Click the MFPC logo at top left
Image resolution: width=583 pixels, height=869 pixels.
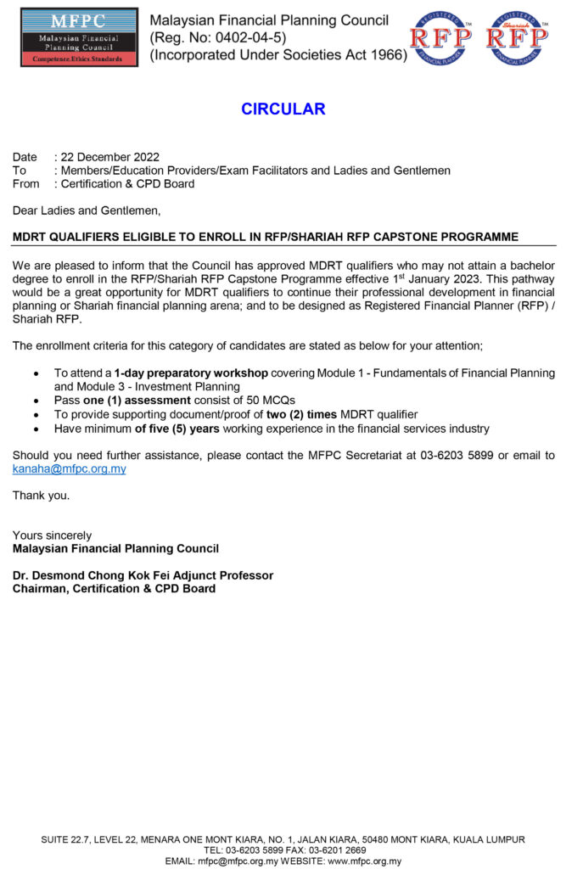(79, 37)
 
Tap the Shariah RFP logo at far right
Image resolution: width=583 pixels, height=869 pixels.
(517, 38)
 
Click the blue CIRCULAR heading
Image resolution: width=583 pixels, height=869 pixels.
(283, 109)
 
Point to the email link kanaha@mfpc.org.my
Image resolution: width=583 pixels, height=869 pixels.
(69, 468)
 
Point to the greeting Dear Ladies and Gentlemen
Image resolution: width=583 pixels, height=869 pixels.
(86, 210)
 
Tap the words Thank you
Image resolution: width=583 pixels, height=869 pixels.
(41, 496)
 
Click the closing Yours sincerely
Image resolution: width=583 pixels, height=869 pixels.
(52, 535)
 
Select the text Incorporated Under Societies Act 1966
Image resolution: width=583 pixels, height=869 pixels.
(278, 55)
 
